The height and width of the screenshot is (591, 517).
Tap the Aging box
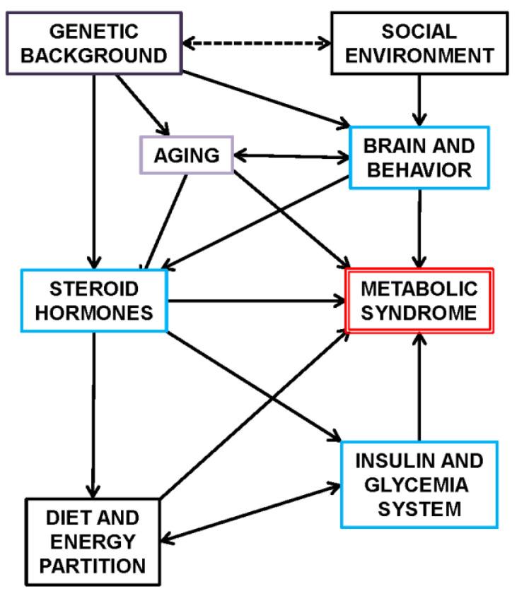187,155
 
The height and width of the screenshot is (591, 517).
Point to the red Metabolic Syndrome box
419,300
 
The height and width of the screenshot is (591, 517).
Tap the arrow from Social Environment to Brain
420,100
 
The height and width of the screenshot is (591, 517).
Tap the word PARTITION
92,565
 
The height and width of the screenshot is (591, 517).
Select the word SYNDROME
419,311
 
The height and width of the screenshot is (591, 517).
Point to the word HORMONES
95,311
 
